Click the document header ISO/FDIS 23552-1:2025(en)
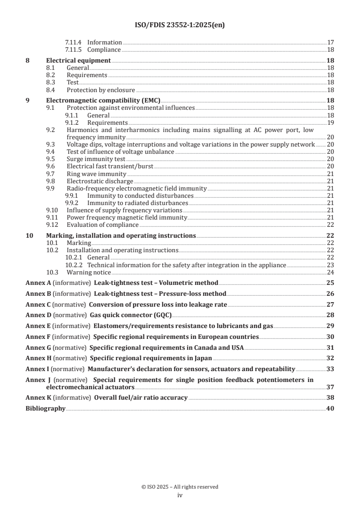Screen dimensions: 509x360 (180, 25)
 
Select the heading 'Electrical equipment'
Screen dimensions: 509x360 (79, 60)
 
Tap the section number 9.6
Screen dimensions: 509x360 (50, 166)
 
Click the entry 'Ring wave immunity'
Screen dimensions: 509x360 (96, 174)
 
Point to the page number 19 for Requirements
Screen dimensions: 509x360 (330, 122)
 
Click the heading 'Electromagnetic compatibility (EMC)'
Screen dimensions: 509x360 (104, 101)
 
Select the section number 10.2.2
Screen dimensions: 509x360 (73, 265)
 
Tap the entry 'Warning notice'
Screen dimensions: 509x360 (89, 272)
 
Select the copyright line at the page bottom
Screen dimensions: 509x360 (180, 487)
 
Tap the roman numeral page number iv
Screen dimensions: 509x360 (180, 495)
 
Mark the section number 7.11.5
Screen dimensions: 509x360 (73, 49)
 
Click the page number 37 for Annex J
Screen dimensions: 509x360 (330, 387)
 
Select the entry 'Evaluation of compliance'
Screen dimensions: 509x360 (103, 225)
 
